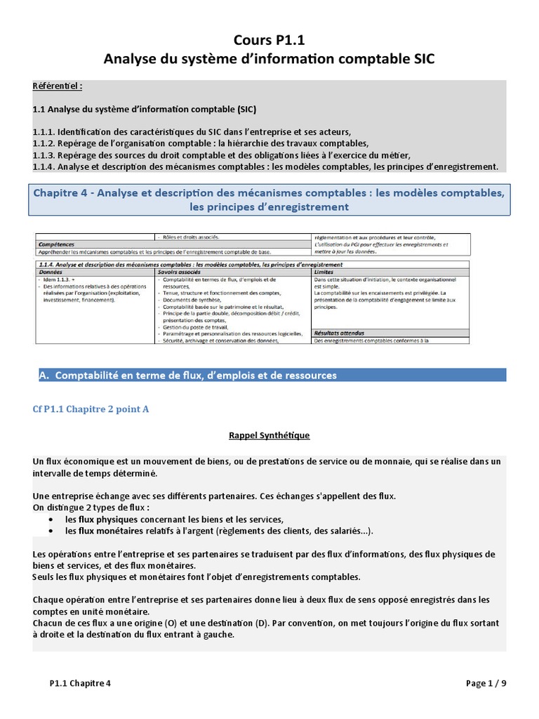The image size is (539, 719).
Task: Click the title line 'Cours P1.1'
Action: pyautogui.click(x=269, y=41)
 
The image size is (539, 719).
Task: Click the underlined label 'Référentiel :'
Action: pyautogui.click(x=58, y=86)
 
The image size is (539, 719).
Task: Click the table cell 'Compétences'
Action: pyautogui.click(x=56, y=245)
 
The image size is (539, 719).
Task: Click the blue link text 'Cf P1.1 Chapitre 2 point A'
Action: pyautogui.click(x=91, y=409)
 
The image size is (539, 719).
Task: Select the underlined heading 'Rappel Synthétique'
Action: pyautogui.click(x=269, y=435)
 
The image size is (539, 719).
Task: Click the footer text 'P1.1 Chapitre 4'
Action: pyautogui.click(x=80, y=683)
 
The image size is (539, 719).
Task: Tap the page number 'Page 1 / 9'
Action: pyautogui.click(x=486, y=683)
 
